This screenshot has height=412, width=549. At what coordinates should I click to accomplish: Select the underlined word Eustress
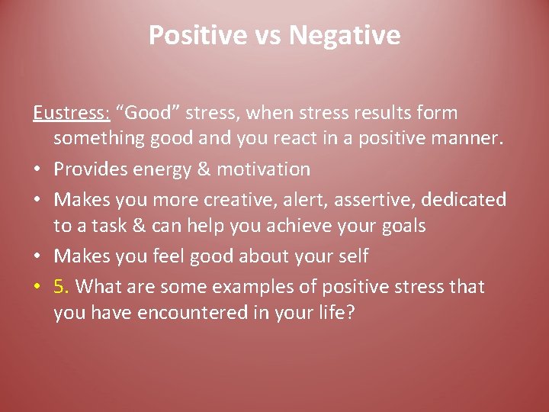pos(72,113)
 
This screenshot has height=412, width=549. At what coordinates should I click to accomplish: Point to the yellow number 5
pos(62,287)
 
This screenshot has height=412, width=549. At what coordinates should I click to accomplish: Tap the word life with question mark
pos(335,313)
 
